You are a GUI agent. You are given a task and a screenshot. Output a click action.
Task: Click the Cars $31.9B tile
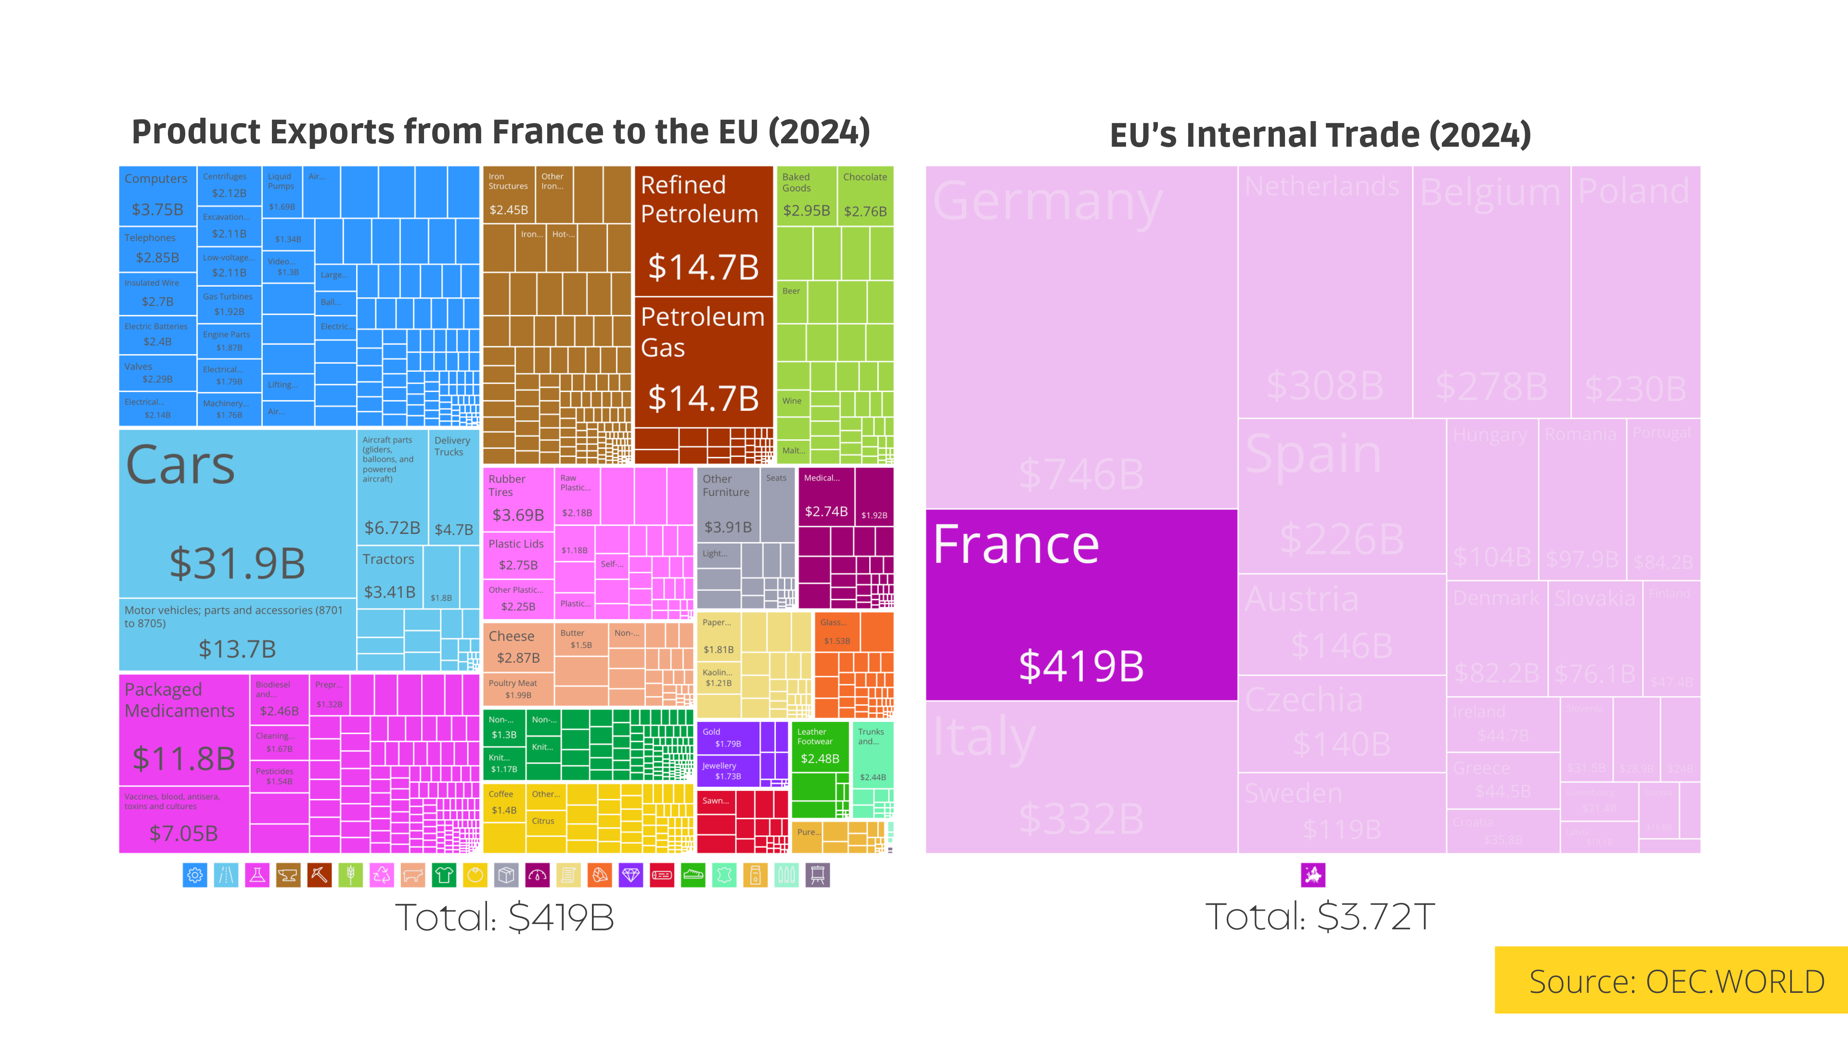click(x=237, y=513)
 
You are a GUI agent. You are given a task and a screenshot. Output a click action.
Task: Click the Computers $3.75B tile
click(x=157, y=195)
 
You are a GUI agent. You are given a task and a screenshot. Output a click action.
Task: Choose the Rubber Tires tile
click(x=517, y=498)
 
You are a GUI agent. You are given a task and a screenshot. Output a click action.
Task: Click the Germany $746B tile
click(x=1081, y=337)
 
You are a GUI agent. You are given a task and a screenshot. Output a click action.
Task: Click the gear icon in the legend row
click(x=194, y=875)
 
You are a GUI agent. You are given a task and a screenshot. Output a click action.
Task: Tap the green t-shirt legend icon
click(x=444, y=875)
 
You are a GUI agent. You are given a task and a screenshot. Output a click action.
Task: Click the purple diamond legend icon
click(x=630, y=875)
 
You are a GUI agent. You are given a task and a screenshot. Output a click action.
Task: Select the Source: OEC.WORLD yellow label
click(x=1675, y=981)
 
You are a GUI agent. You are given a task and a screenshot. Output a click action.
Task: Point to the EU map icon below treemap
click(x=1313, y=875)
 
